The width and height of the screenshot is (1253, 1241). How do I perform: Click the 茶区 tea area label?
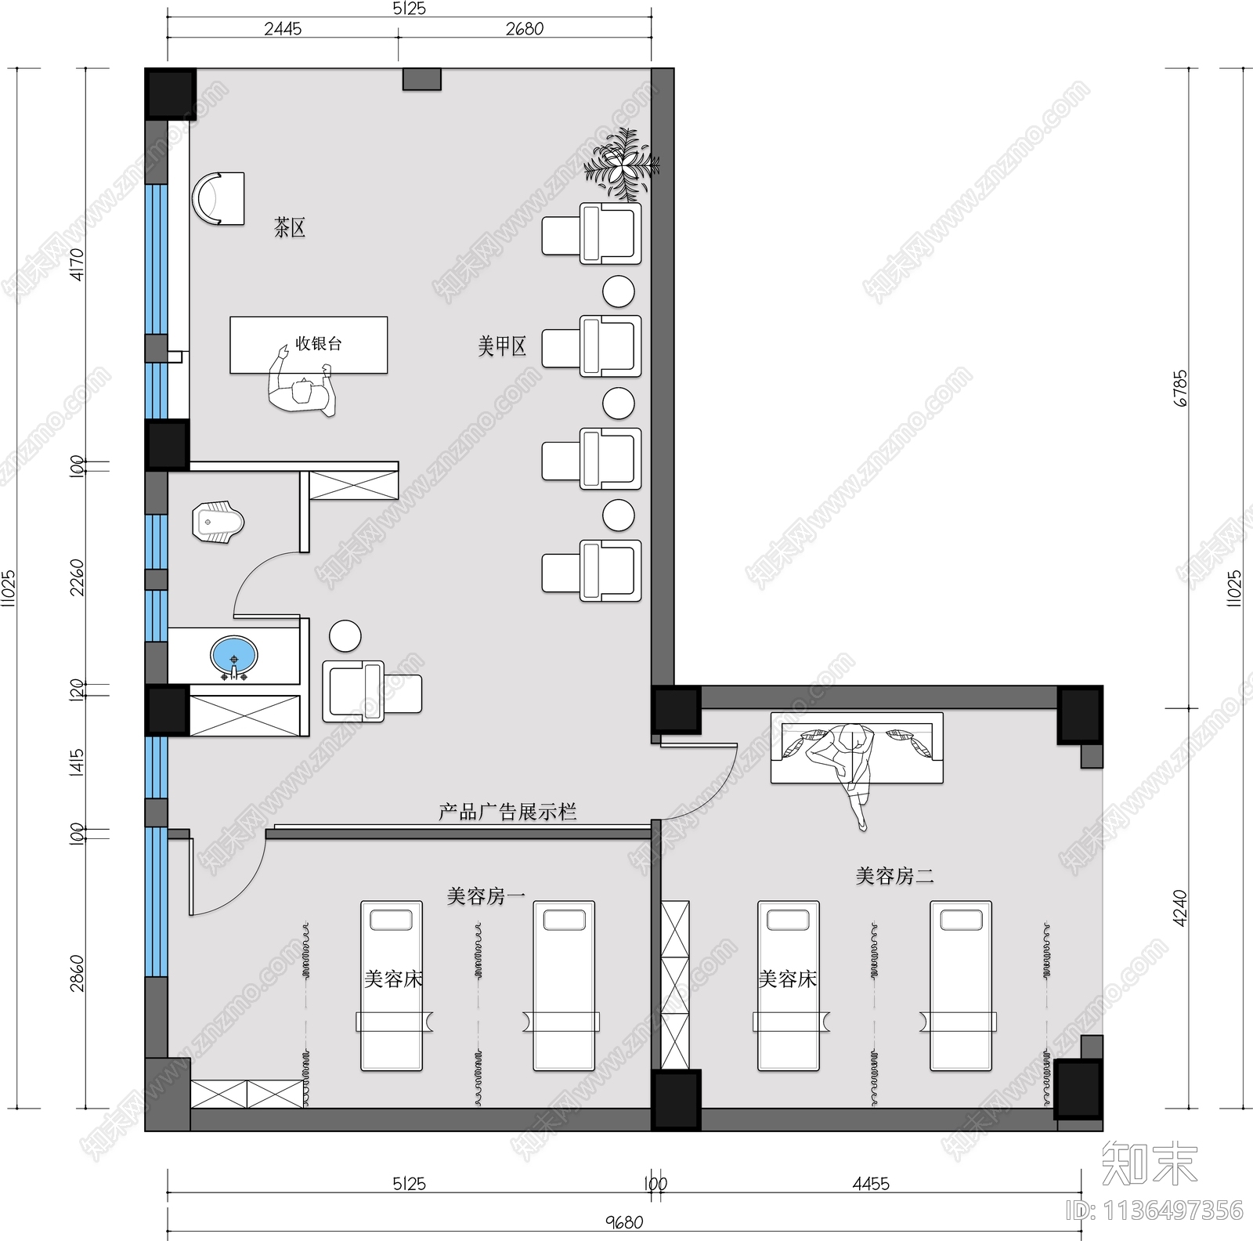(290, 228)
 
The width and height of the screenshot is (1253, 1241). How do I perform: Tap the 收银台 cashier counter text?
(318, 343)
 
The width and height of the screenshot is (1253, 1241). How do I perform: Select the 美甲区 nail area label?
(502, 346)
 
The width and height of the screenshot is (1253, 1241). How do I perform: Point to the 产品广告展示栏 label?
(507, 812)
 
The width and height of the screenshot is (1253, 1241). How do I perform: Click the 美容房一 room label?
(486, 895)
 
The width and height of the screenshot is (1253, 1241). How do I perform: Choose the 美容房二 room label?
(894, 875)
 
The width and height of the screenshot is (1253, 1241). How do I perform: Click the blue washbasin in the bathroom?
(233, 657)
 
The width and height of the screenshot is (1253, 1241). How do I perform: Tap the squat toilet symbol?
(218, 523)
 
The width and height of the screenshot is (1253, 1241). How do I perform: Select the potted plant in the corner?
(623, 165)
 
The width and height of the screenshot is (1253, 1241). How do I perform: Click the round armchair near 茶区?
(218, 198)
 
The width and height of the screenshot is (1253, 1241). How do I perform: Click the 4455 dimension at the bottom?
(871, 1183)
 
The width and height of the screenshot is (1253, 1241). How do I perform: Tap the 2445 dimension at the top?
(283, 29)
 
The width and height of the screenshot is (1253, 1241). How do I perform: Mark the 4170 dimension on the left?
(76, 265)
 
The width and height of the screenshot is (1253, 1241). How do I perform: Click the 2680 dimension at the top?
(524, 29)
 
